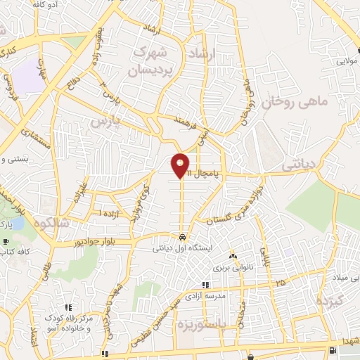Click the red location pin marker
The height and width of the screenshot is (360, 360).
click(181, 166)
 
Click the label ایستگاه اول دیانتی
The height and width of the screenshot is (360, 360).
click(182, 249)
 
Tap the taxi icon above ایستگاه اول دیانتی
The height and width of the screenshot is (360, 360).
click(182, 236)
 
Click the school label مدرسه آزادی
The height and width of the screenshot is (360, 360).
click(207, 296)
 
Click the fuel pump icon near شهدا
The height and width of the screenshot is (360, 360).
click(332, 350)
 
